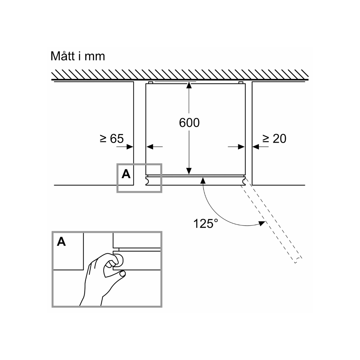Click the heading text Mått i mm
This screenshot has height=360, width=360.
point(78,56)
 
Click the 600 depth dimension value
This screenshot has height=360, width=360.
point(189,123)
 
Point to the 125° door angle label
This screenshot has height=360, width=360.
point(205,223)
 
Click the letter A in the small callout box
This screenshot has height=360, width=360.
point(126,174)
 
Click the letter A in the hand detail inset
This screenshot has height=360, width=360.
point(61,241)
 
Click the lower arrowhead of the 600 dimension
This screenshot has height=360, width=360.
point(189,171)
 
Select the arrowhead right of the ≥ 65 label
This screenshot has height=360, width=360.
point(130,147)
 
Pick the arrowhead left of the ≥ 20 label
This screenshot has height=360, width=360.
point(255,147)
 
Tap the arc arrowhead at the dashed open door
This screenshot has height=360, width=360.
point(262,223)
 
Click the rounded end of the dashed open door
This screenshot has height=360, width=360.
point(298,260)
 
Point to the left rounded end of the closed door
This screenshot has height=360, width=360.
point(147,181)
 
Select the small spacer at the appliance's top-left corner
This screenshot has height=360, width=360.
point(151,82)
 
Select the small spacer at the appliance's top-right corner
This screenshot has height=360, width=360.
point(240,82)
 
